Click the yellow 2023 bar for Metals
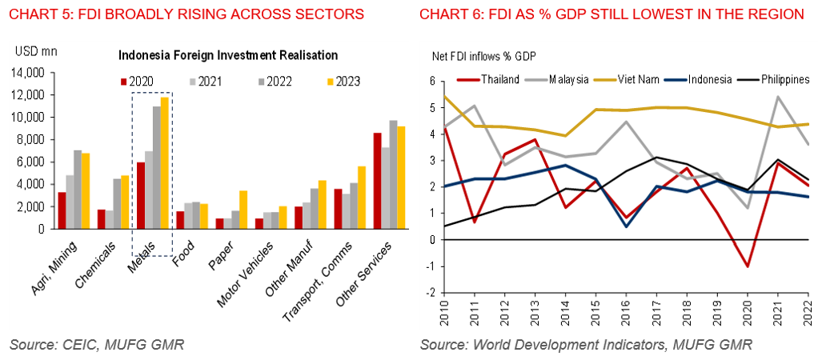(x=165, y=162)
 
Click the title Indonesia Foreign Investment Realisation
(x=227, y=56)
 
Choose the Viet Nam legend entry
(x=639, y=79)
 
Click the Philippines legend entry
(x=781, y=79)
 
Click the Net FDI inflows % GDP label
(x=483, y=56)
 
